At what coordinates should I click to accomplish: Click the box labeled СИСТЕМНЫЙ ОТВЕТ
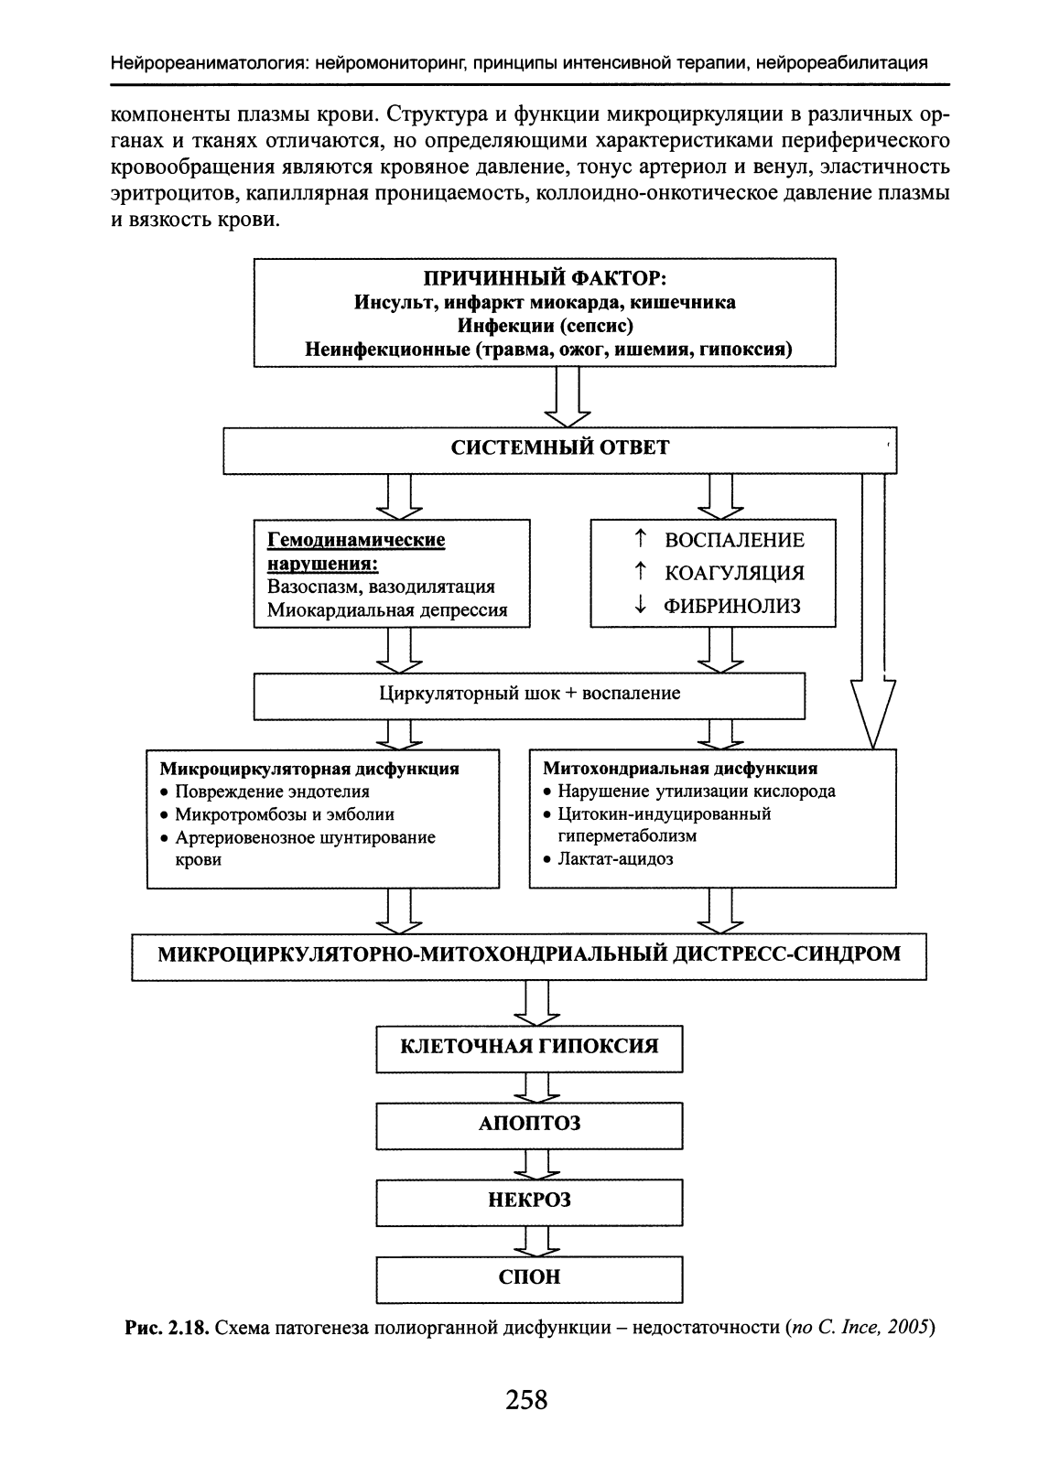[559, 450]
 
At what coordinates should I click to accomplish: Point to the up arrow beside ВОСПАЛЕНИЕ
[641, 539]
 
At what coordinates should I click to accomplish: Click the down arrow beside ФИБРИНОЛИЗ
[641, 605]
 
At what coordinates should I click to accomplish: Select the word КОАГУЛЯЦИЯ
[735, 573]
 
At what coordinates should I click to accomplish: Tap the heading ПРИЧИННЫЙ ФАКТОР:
[545, 278]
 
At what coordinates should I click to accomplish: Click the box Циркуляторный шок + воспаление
[529, 695]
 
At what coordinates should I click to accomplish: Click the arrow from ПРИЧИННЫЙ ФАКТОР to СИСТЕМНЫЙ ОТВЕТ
[568, 397]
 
